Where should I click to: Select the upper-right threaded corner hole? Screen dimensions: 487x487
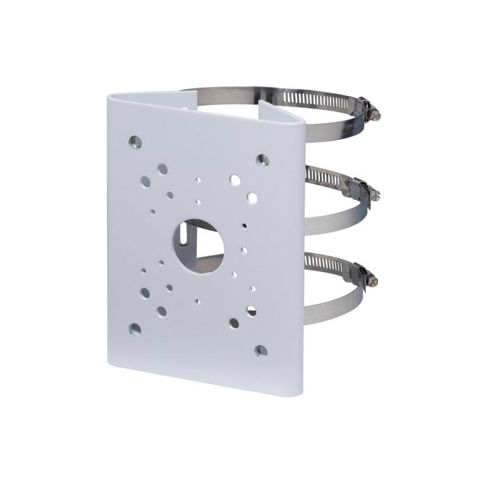(262, 159)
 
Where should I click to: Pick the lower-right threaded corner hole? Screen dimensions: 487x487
(261, 351)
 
